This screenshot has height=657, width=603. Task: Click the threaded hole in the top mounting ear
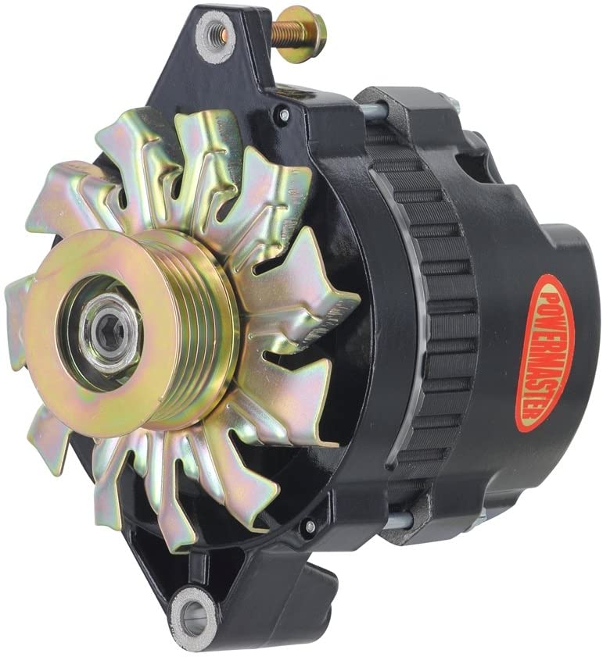217,32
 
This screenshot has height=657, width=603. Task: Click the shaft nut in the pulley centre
111,333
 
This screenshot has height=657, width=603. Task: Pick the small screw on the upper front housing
284,114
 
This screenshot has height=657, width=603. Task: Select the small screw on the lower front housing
310,527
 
